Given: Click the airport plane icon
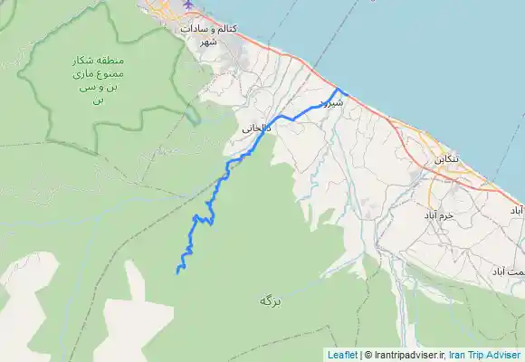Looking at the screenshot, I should click(188, 5).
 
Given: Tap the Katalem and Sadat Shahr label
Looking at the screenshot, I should click(209, 34).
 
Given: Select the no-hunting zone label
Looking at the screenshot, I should click(93, 80).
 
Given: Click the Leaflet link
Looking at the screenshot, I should click(343, 355).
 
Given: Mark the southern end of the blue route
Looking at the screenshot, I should click(177, 271).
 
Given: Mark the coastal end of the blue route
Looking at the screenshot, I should click(348, 93).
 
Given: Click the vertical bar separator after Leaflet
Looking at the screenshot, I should click(360, 355).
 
